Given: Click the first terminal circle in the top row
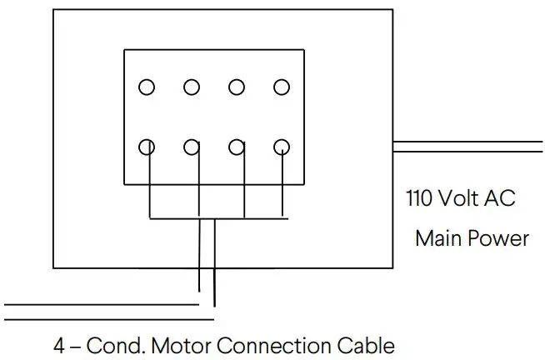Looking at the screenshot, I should point(147,86).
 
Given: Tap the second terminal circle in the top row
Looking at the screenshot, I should point(192,86).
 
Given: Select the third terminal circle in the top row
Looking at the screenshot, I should point(237,86).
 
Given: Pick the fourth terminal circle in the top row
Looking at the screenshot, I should point(282,86).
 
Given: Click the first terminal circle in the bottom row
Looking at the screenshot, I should point(147,147).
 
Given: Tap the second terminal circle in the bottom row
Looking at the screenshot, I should point(192,147).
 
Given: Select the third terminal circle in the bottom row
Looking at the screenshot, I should point(237,147).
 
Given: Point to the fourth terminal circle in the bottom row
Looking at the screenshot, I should point(282,147).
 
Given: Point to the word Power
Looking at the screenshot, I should point(498,238).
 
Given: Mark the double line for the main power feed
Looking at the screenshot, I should point(467,147).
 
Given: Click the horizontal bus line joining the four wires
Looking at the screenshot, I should point(217,218).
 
